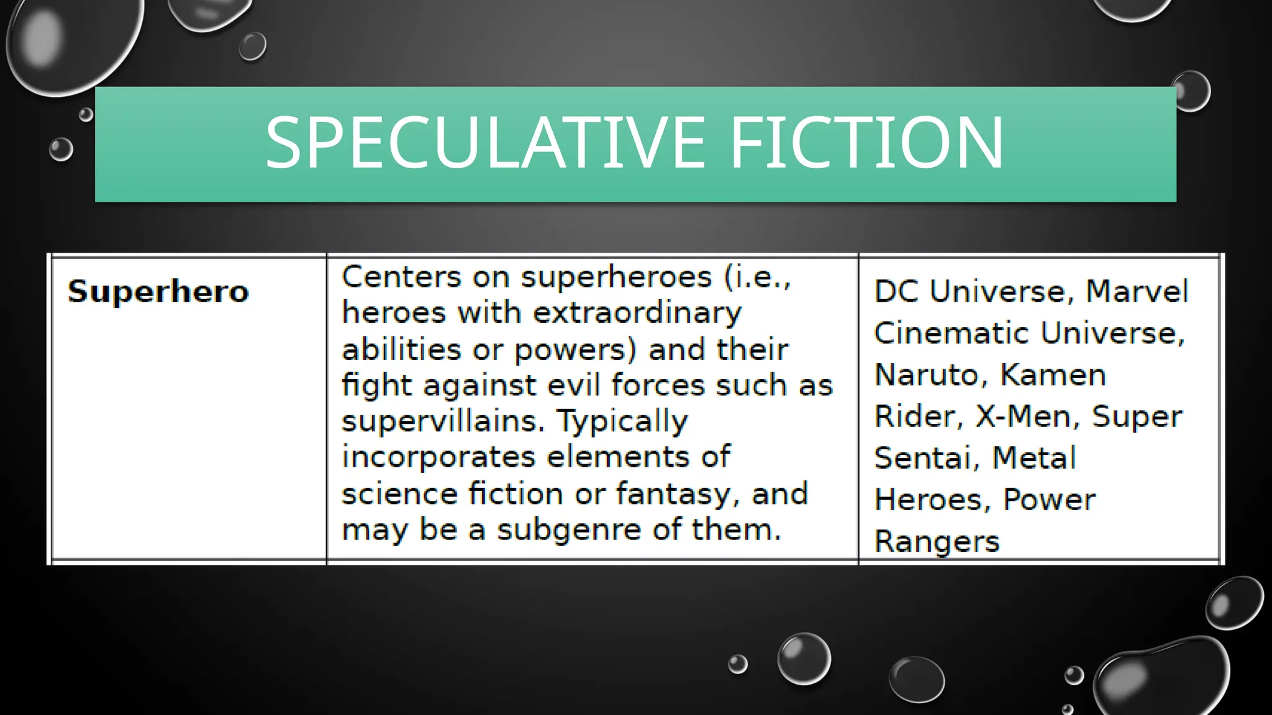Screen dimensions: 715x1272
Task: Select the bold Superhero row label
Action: tap(158, 291)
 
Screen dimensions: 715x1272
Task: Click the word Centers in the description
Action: tap(401, 277)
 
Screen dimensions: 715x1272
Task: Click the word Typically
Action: tap(622, 421)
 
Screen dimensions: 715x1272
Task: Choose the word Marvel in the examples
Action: tap(1137, 291)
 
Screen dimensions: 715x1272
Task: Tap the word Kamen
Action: tap(1053, 375)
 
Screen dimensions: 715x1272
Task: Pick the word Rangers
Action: tap(937, 542)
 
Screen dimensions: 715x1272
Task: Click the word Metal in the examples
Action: tap(1034, 458)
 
